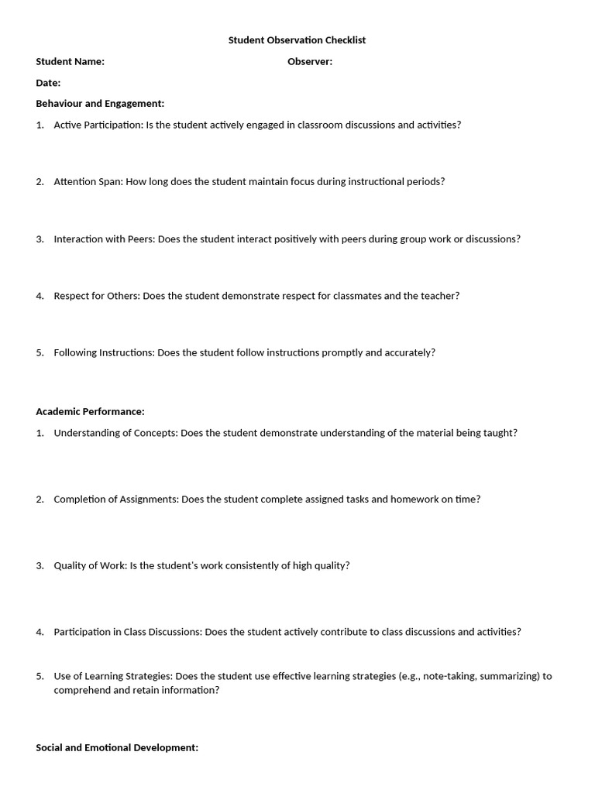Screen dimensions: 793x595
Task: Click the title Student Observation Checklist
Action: point(297,40)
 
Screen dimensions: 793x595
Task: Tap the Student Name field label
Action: point(70,62)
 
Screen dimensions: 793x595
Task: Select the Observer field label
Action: point(310,62)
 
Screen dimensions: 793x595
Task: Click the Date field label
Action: point(48,83)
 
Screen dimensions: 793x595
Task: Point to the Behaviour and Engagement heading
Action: point(100,103)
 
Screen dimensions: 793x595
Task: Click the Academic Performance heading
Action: point(90,411)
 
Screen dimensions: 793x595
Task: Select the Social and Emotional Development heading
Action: point(117,747)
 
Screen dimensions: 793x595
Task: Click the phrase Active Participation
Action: point(98,125)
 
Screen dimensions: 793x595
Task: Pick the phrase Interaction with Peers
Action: point(104,239)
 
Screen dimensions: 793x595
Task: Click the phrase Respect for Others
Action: point(96,296)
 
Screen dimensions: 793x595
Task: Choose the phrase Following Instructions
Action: point(104,352)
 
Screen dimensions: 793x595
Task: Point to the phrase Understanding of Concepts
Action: point(115,433)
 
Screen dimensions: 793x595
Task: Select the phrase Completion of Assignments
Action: point(116,499)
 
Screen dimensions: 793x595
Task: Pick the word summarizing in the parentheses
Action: point(508,676)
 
